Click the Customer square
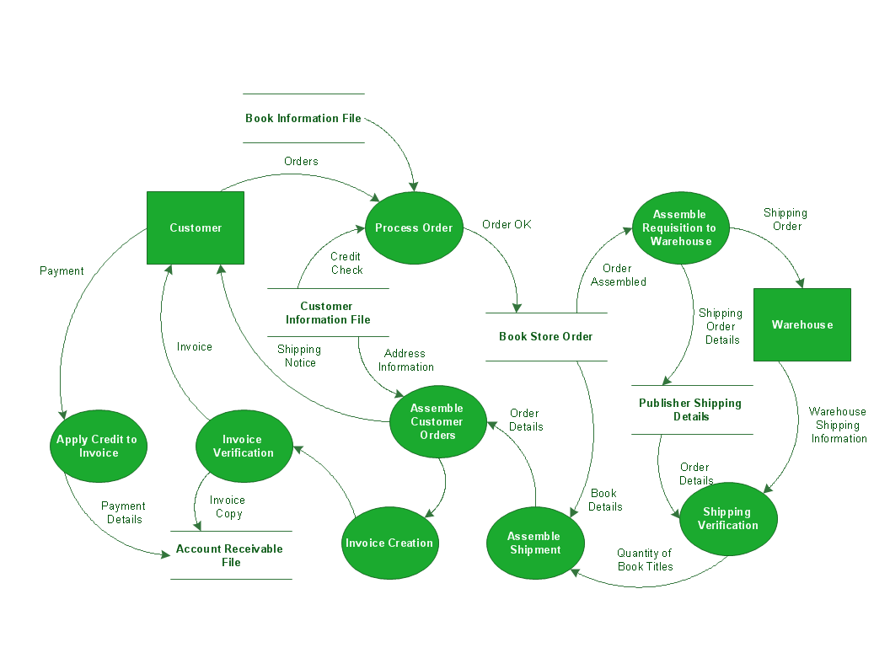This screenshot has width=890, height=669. pyautogui.click(x=196, y=227)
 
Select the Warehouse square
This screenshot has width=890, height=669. pyautogui.click(x=802, y=324)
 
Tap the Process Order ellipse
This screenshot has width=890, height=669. pyautogui.click(x=414, y=227)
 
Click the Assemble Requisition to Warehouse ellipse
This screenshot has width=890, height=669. pyautogui.click(x=679, y=227)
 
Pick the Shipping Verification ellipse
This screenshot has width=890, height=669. pyautogui.click(x=728, y=518)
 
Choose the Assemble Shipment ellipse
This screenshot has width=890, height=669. pyautogui.click(x=534, y=543)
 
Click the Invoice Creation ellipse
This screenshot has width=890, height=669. pyautogui.click(x=389, y=543)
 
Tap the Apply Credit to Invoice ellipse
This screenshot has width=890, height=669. pyautogui.click(x=97, y=446)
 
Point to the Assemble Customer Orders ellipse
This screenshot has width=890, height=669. pyautogui.click(x=437, y=421)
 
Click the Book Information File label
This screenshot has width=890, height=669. pyautogui.click(x=303, y=118)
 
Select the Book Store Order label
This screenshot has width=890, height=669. pyautogui.click(x=546, y=336)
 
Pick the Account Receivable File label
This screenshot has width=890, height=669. pyautogui.click(x=230, y=555)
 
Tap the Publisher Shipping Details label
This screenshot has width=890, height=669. pyautogui.click(x=691, y=409)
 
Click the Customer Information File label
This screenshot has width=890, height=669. pyautogui.click(x=327, y=313)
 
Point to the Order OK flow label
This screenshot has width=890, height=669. pyautogui.click(x=507, y=224)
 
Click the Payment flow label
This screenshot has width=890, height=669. pyautogui.click(x=62, y=270)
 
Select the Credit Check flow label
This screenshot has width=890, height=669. pyautogui.click(x=346, y=263)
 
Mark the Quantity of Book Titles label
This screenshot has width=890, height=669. pyautogui.click(x=645, y=559)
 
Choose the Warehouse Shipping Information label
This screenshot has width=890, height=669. pyautogui.click(x=838, y=425)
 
